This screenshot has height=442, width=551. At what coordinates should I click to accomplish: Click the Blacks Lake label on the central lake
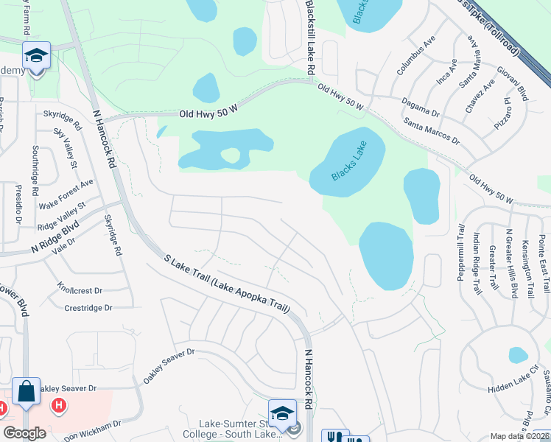(x=347, y=164)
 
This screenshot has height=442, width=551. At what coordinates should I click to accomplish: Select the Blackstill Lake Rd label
(x=311, y=37)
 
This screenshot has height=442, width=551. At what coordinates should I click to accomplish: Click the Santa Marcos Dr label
(x=432, y=130)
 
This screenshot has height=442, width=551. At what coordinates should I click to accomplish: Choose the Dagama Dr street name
(x=420, y=108)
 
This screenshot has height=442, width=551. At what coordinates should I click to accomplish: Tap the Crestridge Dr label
(x=88, y=308)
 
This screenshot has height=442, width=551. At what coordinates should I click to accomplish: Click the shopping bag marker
(x=27, y=391)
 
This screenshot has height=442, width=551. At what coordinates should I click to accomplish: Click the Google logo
(x=25, y=433)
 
